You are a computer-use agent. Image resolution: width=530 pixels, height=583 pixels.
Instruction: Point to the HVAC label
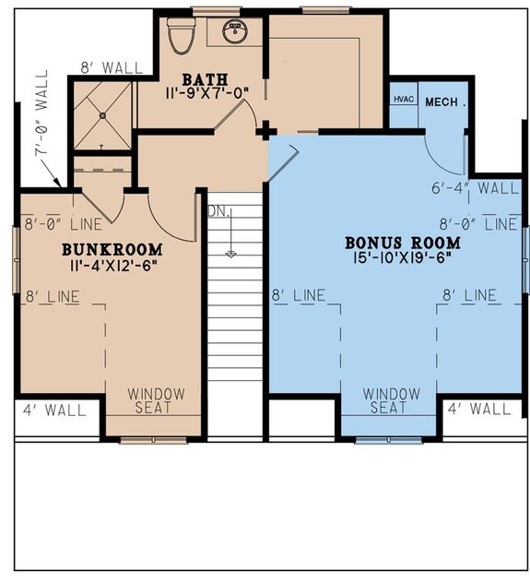[x=403, y=100]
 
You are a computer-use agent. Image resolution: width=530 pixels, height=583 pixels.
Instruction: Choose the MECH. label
[x=443, y=100]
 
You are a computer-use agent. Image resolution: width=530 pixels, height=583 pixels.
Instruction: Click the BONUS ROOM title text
[x=403, y=243]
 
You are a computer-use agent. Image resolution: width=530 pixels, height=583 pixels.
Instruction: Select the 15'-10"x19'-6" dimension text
[x=403, y=260]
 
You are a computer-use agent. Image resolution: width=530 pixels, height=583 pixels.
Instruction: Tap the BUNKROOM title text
[x=112, y=249]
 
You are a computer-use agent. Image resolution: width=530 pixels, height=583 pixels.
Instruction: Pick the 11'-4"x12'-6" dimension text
[x=112, y=267]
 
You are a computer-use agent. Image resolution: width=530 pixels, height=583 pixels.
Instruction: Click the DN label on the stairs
[x=218, y=210]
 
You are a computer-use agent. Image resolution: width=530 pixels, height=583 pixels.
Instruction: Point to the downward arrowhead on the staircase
[x=230, y=252]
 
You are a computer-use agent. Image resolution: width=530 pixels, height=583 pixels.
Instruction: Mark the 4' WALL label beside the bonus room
[x=478, y=407]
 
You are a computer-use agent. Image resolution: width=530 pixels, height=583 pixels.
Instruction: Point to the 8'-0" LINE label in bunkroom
[x=51, y=223]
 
